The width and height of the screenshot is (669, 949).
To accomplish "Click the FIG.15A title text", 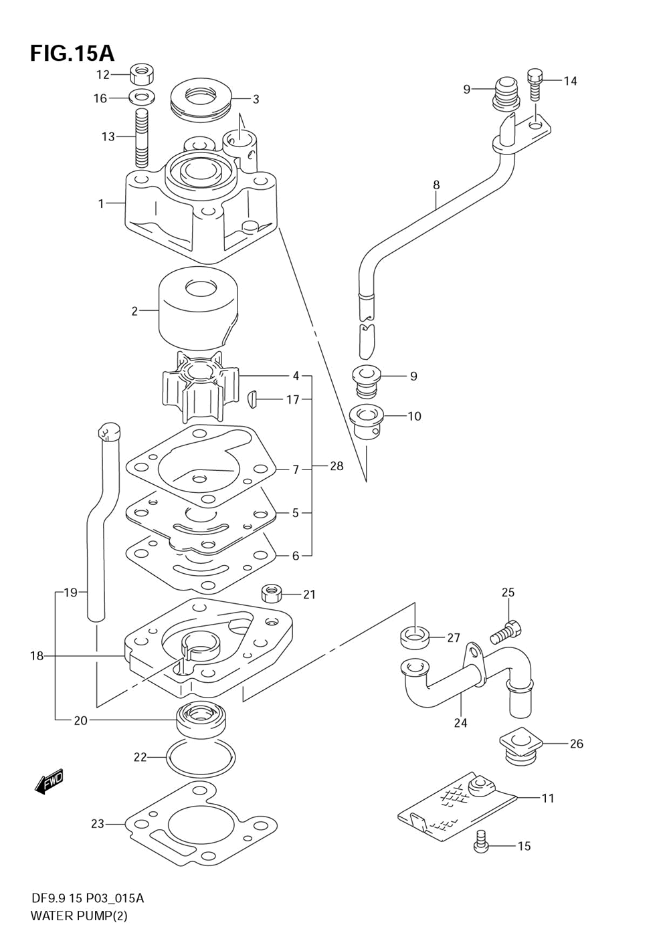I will [72, 53].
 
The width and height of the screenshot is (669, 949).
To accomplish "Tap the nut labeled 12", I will [140, 72].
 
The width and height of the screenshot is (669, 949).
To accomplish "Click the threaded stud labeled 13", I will [140, 138].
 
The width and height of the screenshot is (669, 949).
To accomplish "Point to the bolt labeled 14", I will [534, 84].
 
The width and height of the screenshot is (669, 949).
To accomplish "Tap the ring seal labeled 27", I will [415, 637].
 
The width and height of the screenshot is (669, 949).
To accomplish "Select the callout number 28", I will [337, 465].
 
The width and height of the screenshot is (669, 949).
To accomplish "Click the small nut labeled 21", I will [272, 593].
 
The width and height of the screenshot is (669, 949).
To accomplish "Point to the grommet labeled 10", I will [367, 421].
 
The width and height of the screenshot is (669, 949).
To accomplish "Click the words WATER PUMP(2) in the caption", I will [79, 916].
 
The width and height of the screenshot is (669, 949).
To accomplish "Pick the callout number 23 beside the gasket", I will [98, 823].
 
